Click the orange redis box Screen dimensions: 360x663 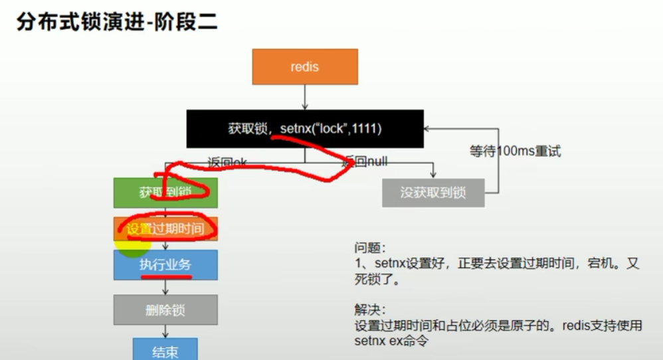pyautogui.click(x=304, y=66)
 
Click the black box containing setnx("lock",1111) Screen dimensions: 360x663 pyautogui.click(x=305, y=128)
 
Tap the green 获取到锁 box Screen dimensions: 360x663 pyautogui.click(x=165, y=193)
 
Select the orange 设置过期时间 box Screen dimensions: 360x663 pyautogui.click(x=165, y=229)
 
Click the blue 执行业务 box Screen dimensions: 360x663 pyautogui.click(x=165, y=264)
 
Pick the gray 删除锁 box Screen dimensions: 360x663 pyautogui.click(x=165, y=310)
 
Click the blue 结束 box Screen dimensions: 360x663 pyautogui.click(x=165, y=351)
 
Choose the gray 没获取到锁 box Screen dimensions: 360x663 pyautogui.click(x=432, y=193)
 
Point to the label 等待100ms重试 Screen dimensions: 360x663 pyautogui.click(x=515, y=151)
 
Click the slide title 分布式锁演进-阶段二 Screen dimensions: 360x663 pyautogui.click(x=117, y=23)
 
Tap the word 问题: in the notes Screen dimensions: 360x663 pyautogui.click(x=369, y=248)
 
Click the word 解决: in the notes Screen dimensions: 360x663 pyautogui.click(x=369, y=310)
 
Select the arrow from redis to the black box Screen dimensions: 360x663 pyautogui.click(x=305, y=97)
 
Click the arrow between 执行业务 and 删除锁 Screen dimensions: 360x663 pyautogui.click(x=165, y=287)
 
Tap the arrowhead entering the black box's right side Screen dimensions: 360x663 pyautogui.click(x=428, y=128)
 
